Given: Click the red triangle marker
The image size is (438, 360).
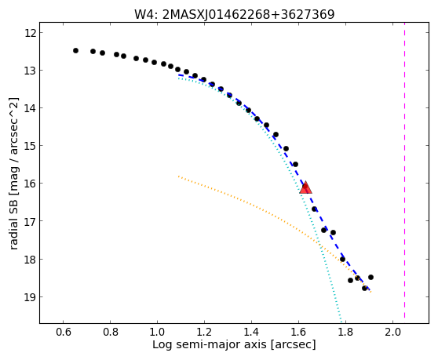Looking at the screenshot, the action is click(305, 187).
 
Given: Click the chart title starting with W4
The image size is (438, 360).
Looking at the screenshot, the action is click(235, 15).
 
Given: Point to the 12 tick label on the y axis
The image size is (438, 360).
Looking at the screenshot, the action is click(30, 33).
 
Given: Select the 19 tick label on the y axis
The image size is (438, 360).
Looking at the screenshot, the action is click(30, 297).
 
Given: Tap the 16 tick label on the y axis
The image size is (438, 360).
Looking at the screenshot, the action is click(30, 184).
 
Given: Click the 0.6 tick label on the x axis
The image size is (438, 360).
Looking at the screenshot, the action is click(63, 333).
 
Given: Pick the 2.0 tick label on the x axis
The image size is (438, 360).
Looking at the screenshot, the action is click(392, 333).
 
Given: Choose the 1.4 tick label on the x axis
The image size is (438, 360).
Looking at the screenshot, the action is click(251, 333).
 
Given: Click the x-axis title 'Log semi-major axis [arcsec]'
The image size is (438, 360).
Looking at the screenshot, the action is click(234, 345).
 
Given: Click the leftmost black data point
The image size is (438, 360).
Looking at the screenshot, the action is click(75, 50).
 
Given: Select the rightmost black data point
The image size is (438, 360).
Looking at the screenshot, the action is click(370, 277).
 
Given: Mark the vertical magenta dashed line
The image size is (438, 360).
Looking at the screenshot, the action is click(404, 173).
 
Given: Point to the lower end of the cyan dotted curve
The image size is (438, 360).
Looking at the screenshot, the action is click(341, 322).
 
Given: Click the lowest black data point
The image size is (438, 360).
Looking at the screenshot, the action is click(364, 288).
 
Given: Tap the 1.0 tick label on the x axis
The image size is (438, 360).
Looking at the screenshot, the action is click(157, 333).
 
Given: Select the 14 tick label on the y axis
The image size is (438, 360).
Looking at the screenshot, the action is click(30, 108).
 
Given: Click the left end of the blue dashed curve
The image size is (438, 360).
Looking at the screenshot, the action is click(179, 75).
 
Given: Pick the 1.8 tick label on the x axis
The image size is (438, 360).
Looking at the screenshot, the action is click(346, 333).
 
